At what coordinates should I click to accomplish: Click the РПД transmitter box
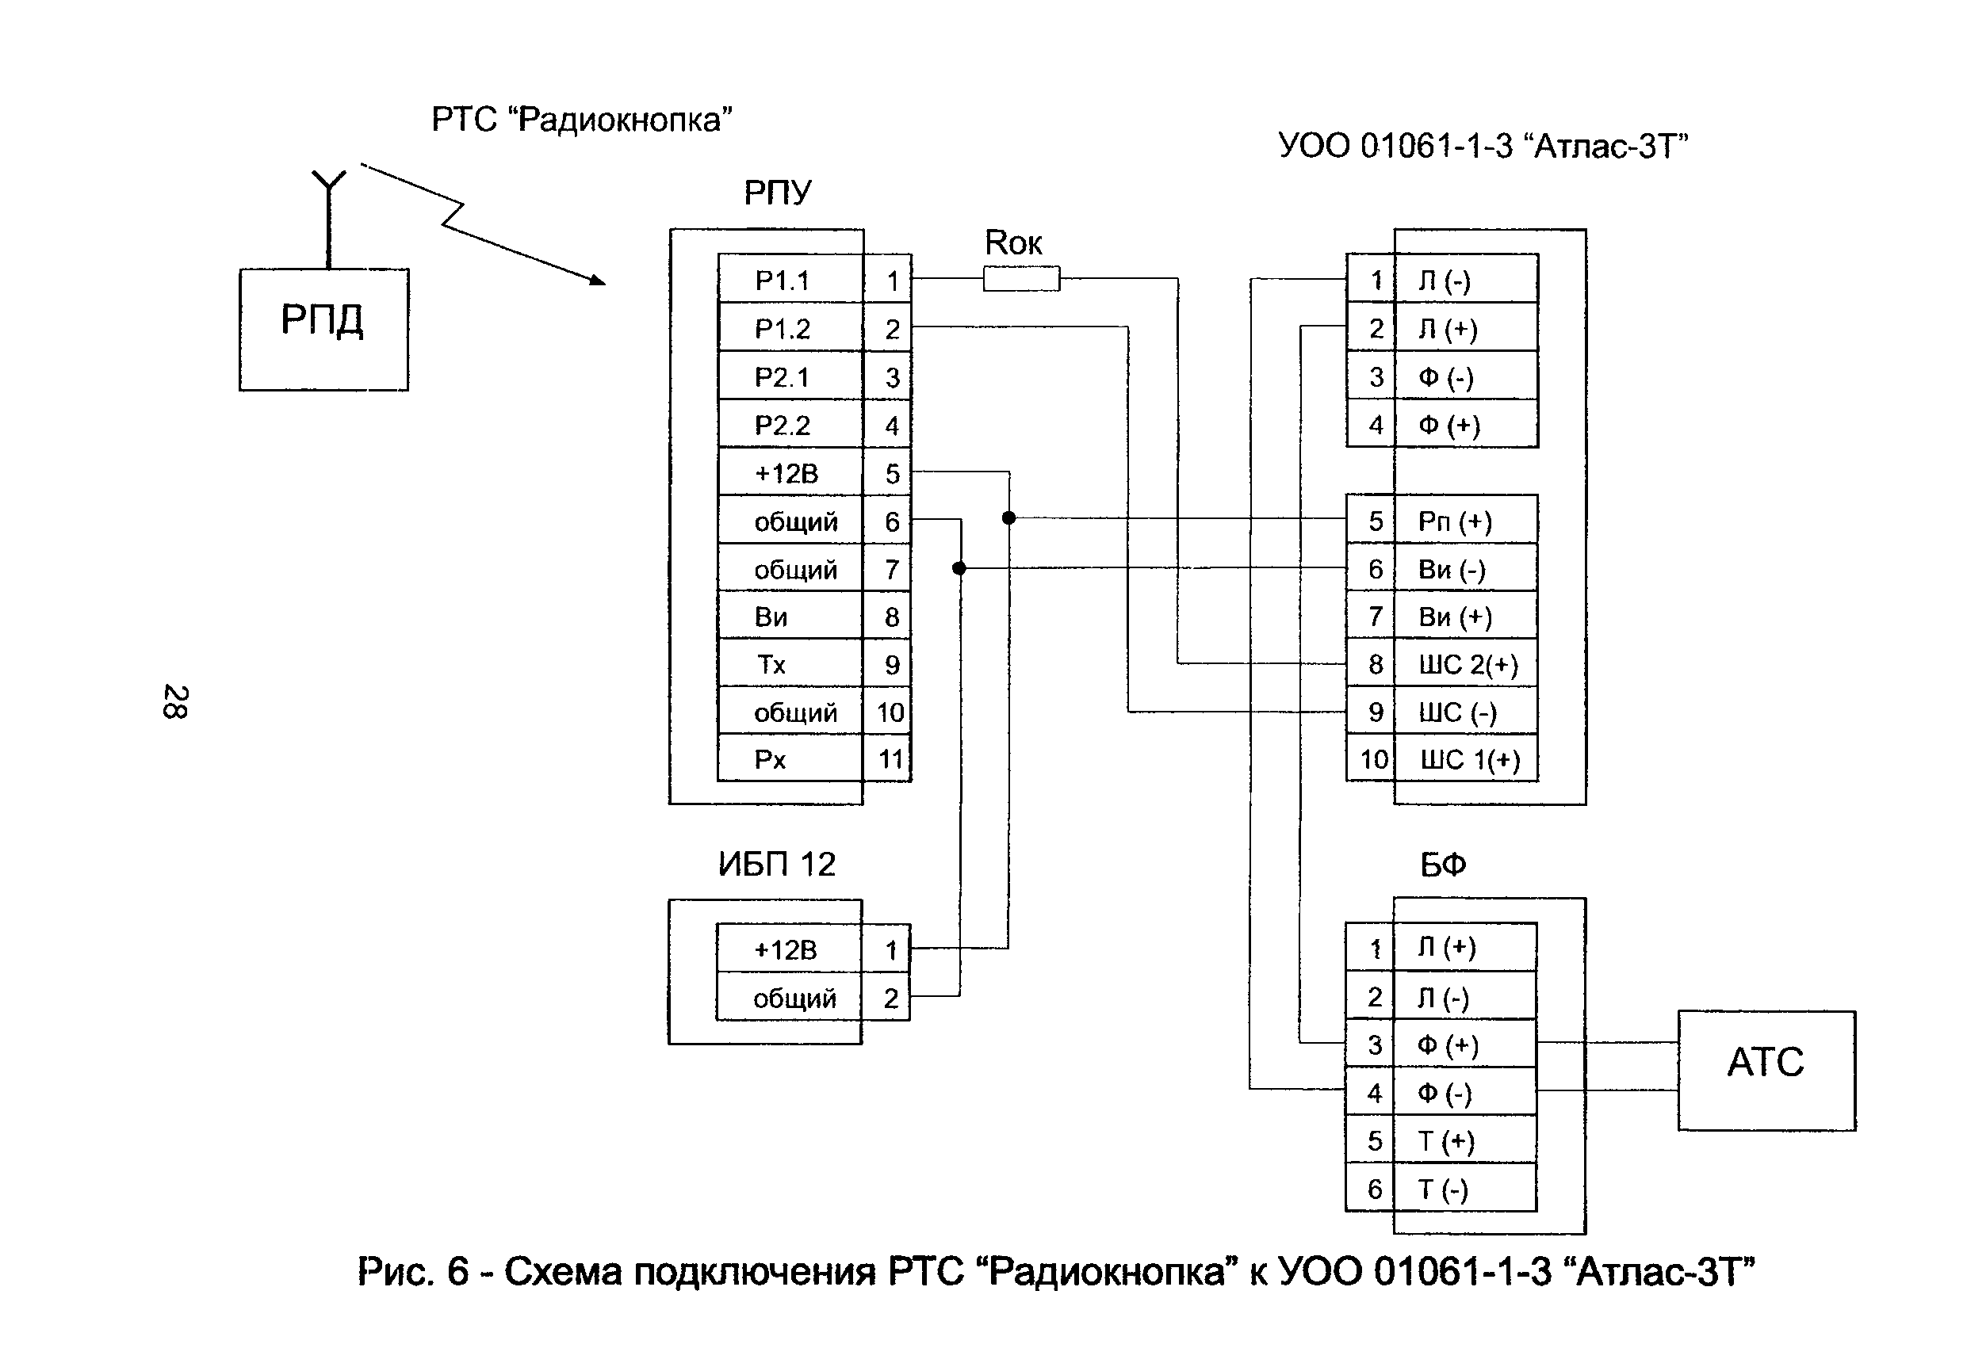tap(323, 329)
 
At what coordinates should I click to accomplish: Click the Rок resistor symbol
tap(1020, 278)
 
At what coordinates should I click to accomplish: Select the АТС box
tap(1766, 1070)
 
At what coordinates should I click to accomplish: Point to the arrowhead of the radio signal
tap(598, 280)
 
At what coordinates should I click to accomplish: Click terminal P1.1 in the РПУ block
tap(783, 280)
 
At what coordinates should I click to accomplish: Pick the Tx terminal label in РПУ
tap(771, 664)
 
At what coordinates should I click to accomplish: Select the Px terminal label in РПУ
tap(770, 759)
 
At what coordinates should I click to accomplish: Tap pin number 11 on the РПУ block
tap(890, 759)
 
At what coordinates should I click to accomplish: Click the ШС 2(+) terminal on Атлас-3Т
tap(1468, 664)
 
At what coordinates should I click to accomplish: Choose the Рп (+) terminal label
tap(1455, 521)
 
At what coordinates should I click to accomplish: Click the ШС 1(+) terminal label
tap(1469, 760)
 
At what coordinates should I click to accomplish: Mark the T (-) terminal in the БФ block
tap(1443, 1189)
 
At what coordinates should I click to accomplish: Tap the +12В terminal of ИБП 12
tap(786, 949)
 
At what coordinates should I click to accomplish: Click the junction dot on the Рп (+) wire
tap(1008, 517)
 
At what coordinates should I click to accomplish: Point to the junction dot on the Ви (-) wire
tap(959, 567)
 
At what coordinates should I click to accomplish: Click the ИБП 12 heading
tap(776, 864)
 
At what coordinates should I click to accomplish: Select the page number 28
tap(175, 701)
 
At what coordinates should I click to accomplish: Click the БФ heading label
tap(1442, 864)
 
